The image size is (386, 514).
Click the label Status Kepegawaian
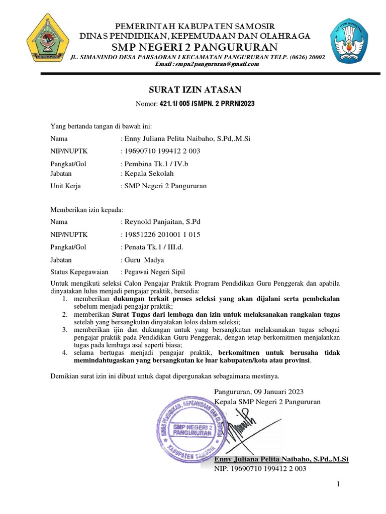[x=79, y=272]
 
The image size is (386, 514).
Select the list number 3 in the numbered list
[x=65, y=330]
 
